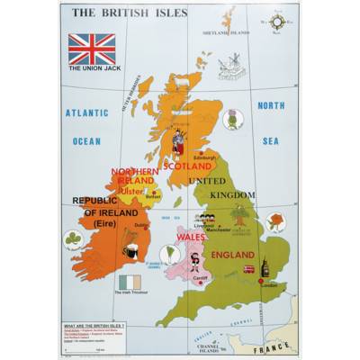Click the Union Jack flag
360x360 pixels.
coord(91,49)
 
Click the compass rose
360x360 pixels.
coord(275,21)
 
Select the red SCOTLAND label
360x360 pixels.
coord(187,166)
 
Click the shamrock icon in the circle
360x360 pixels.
coord(74,238)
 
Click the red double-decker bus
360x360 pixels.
coord(248,268)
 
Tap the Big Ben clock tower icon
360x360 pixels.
coord(265,267)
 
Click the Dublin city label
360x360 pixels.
coord(142,225)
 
